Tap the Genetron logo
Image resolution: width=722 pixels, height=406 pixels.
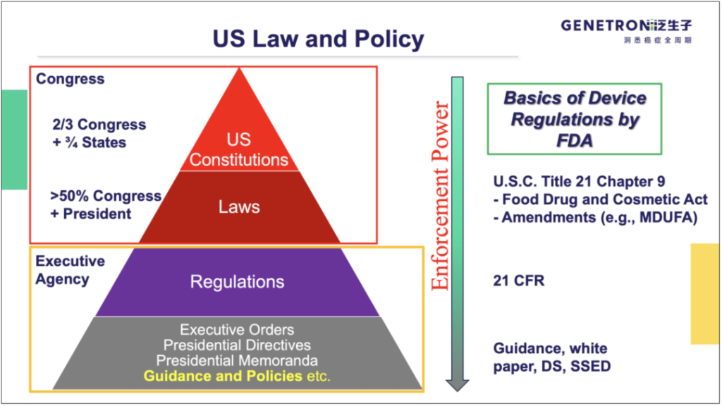pos(626,30)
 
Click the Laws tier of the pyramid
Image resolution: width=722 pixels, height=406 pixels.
pos(238,207)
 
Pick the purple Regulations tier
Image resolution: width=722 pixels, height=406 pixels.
pos(238,282)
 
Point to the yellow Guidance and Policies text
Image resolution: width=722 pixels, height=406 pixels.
pos(223,376)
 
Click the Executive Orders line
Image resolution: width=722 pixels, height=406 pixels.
pos(237,330)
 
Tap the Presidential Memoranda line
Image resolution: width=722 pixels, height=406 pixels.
pos(237,361)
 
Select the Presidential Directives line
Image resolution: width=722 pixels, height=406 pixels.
pos(237,345)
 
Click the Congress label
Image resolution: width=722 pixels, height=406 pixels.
pos(70,79)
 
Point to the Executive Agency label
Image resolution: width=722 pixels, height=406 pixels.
pos(70,270)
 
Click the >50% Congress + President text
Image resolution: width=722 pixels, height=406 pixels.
pos(106,204)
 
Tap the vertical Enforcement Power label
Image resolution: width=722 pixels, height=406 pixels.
pos(439,197)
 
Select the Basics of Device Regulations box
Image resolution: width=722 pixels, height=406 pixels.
pos(575,118)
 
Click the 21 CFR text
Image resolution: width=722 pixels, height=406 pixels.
pos(519,281)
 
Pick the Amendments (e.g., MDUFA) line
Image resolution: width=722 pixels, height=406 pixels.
pos(596,217)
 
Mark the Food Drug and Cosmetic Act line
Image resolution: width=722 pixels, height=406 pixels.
pos(593,199)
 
